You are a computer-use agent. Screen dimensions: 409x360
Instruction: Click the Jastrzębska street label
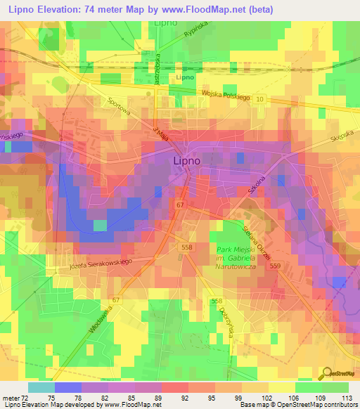pyautogui.click(x=159, y=68)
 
